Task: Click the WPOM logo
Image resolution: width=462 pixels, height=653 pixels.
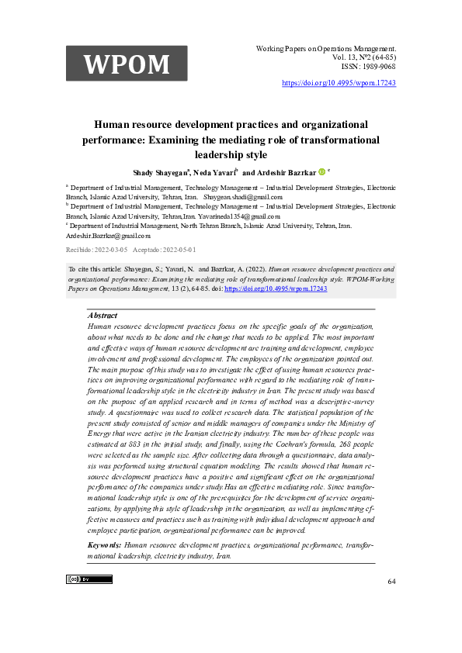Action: point(127,64)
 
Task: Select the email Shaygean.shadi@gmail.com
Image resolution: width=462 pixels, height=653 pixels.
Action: point(243,197)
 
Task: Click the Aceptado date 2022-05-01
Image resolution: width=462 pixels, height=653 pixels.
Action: point(179,250)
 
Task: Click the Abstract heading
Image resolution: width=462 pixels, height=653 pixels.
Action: point(103,316)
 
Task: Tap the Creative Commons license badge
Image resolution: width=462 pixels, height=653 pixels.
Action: point(89,579)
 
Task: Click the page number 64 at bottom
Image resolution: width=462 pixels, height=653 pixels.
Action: point(391,582)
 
